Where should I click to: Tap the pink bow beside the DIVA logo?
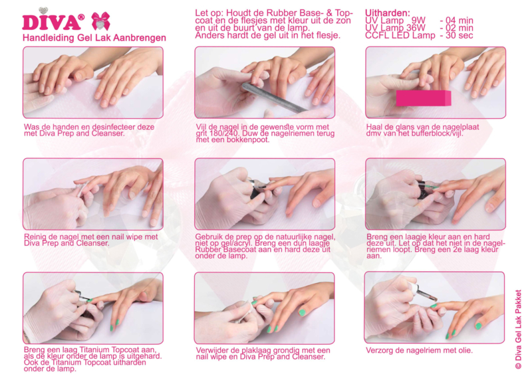(x=101, y=21)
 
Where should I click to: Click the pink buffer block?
(x=424, y=98)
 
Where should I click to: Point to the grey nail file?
(x=275, y=98)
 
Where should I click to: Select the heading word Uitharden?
(x=388, y=13)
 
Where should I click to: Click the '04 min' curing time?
(x=456, y=21)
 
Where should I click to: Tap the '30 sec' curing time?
(x=456, y=35)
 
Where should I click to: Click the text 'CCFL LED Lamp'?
(x=400, y=35)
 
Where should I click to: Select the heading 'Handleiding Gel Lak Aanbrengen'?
(x=94, y=38)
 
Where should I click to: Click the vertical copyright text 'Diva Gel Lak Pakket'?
(x=518, y=329)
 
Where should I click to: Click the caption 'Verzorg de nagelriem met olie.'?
(x=419, y=350)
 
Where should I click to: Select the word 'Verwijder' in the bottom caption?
(x=211, y=350)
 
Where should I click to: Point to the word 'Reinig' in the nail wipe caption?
(x=35, y=237)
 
